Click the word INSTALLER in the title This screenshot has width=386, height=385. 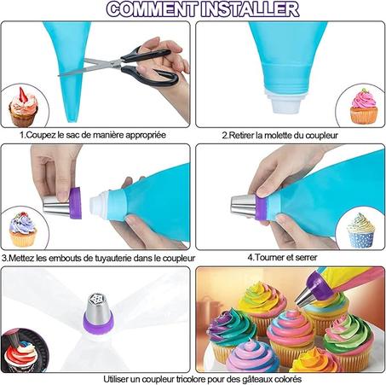pos(250,9)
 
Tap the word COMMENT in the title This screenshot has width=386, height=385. pos(153,9)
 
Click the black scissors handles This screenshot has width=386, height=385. pos(149,66)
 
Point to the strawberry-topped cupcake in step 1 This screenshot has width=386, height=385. pos(23,108)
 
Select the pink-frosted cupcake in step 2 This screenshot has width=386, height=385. pos(364,106)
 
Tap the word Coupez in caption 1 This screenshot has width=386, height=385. pos(41,135)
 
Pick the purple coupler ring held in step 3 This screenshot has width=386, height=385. pos(75,203)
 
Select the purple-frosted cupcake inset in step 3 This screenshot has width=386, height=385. pos(23,230)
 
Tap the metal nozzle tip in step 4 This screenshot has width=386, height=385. pos(243,206)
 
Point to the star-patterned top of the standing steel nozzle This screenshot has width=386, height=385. pos(98,300)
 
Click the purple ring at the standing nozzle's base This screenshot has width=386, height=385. pos(98,322)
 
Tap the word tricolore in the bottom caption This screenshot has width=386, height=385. pos(191,379)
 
